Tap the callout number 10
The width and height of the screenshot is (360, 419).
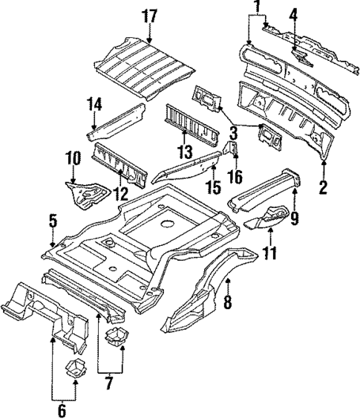[x=72, y=158]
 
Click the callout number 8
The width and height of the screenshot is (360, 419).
[x=229, y=302]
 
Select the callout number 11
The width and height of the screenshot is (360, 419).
[x=269, y=253]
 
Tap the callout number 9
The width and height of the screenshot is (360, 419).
[x=295, y=218]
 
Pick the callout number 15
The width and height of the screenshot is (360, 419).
[x=214, y=186]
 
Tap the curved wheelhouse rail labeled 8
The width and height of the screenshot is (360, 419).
[x=200, y=305]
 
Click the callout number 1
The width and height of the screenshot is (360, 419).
[x=256, y=8]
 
